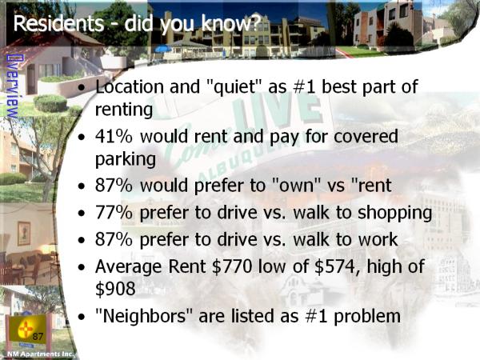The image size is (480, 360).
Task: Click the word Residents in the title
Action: tap(58, 23)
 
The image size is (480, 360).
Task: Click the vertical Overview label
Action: tap(12, 86)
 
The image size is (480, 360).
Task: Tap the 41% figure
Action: tap(114, 136)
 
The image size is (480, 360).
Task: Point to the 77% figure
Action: tap(114, 213)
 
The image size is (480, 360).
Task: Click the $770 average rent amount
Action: tap(232, 266)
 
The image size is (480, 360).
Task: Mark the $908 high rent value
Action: tap(115, 288)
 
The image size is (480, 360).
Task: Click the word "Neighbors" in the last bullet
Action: tap(144, 316)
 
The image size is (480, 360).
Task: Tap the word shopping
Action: tap(395, 213)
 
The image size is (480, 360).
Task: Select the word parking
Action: tap(126, 160)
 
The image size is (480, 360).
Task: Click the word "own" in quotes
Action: tap(296, 186)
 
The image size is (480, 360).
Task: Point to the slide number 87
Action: tap(38, 337)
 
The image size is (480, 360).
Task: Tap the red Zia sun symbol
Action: tap(25, 330)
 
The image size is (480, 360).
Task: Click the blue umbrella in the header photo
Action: tap(163, 49)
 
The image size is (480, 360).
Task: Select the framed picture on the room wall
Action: tap(24, 234)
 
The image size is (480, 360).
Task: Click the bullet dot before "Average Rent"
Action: tap(82, 267)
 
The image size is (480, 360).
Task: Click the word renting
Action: tap(124, 110)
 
